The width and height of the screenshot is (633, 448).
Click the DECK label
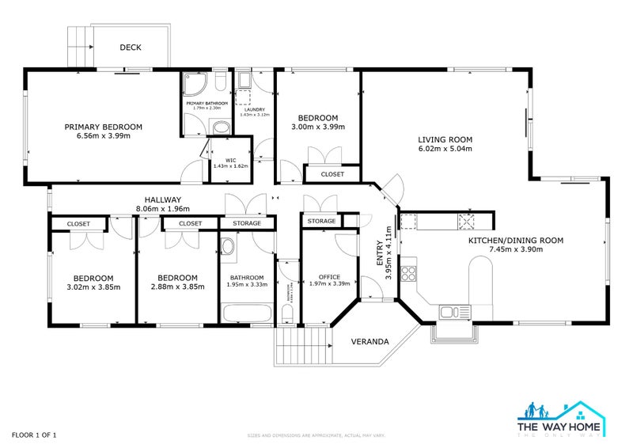(131, 47)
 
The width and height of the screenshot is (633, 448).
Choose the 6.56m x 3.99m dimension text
(103, 136)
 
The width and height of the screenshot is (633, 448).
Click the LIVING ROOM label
(445, 140)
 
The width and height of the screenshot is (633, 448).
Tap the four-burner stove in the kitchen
(409, 274)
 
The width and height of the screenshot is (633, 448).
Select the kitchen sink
(454, 310)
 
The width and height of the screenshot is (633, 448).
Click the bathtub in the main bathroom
(246, 313)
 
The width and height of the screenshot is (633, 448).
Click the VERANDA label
(370, 342)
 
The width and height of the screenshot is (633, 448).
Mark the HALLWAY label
(163, 200)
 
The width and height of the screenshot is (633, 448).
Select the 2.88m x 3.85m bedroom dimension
(176, 287)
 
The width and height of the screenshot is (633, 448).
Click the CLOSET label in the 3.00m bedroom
(332, 174)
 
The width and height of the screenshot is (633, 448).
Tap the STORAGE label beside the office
(321, 222)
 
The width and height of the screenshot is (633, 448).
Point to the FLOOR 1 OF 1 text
(33, 435)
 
